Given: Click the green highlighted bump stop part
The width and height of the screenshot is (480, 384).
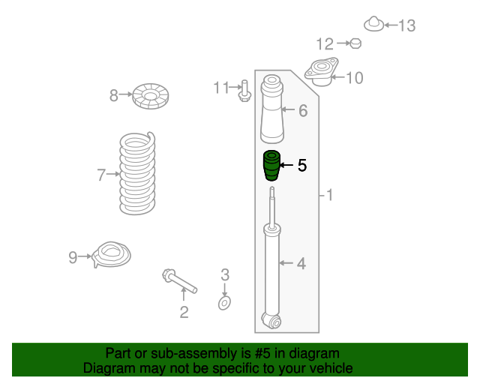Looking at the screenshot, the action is click(x=271, y=165).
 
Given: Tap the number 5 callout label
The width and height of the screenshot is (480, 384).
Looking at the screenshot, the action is click(x=302, y=165).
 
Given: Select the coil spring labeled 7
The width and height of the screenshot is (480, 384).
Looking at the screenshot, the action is click(x=137, y=173).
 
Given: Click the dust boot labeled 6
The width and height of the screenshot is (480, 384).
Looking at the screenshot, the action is click(x=271, y=109).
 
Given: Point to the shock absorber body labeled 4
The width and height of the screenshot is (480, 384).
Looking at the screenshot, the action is click(x=271, y=269).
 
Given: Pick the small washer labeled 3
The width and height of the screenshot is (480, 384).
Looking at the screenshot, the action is click(x=224, y=303).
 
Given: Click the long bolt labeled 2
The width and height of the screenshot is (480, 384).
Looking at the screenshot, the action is click(x=179, y=280).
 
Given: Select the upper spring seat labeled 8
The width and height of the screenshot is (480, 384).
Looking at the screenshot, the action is click(x=150, y=96).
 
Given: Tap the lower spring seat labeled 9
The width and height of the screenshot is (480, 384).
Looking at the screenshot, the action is click(x=112, y=254).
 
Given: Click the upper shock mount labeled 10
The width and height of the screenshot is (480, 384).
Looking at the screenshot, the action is click(x=322, y=72).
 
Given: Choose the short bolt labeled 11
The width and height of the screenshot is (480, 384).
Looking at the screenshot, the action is click(x=244, y=91).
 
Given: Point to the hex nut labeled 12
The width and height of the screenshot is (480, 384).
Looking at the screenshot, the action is click(x=355, y=43).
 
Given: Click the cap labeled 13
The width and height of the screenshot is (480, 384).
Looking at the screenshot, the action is click(x=373, y=23).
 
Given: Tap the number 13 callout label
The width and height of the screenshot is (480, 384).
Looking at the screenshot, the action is click(x=406, y=25).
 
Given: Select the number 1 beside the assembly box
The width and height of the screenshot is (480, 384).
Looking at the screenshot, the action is click(x=330, y=195).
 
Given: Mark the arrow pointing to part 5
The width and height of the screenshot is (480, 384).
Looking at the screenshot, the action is click(x=286, y=165).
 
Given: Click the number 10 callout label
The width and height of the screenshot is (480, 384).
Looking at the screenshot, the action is click(x=355, y=78).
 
